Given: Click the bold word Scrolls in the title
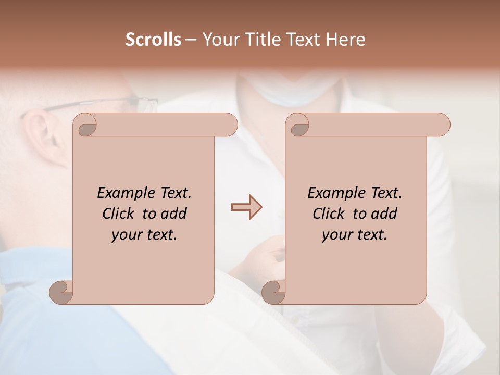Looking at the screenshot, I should [x=154, y=40].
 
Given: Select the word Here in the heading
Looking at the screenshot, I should [x=346, y=40].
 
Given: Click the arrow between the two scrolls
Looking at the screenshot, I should [x=247, y=207].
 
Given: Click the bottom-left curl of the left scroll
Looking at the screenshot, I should [x=61, y=292].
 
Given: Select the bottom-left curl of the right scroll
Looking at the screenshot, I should [x=273, y=292].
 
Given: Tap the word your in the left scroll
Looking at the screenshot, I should [x=126, y=235].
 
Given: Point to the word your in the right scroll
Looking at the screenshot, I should [x=336, y=235].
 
